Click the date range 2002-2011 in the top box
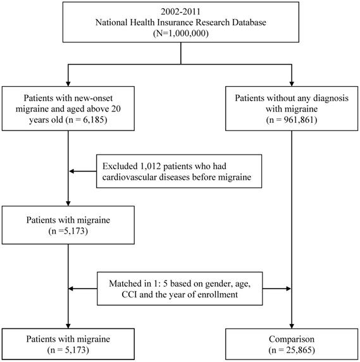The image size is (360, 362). coord(180,11)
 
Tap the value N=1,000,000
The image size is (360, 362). coord(181,34)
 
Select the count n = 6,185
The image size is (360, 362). coord(86,120)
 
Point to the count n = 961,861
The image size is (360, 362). coord(292,120)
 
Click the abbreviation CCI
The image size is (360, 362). coord(130,294)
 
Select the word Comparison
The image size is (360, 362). coord(292,339)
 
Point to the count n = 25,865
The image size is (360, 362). coord(292,350)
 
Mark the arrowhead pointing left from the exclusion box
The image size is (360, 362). coord(71,171)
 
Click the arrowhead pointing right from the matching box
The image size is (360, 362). coord(289,289)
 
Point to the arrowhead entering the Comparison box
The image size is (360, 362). coord(292,326)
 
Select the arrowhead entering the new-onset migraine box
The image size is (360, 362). coord(68,84)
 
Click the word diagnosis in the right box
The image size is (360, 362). coord(331,98)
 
